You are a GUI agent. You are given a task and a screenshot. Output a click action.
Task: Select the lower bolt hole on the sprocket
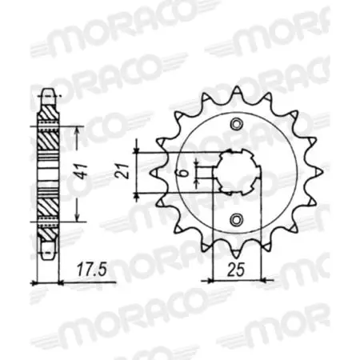coord(234,220)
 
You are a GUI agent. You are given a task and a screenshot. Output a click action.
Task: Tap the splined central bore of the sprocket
coord(234,171)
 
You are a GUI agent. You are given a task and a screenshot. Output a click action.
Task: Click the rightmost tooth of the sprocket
coord(316,171)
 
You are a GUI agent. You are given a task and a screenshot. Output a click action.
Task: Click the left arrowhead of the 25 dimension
coord(213,279)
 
